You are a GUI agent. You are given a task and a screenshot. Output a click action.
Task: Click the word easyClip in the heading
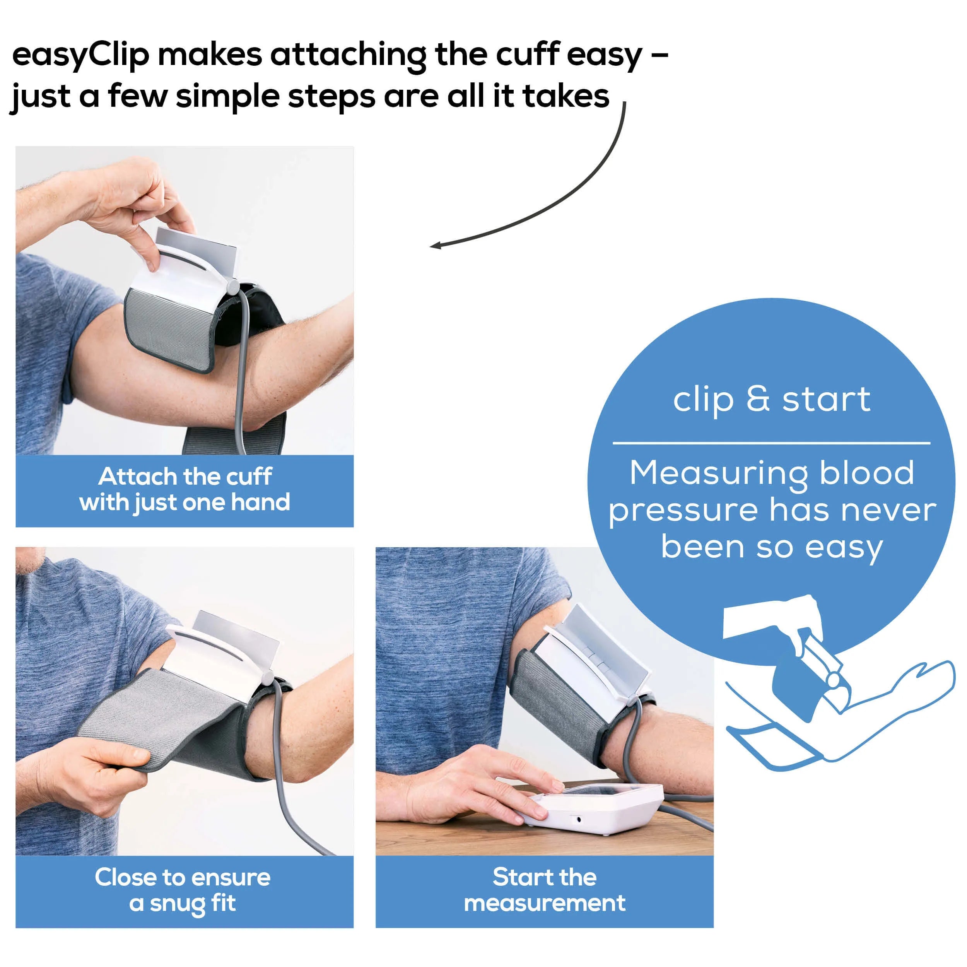tap(80, 55)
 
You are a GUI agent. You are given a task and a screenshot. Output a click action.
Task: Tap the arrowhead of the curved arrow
tap(436, 245)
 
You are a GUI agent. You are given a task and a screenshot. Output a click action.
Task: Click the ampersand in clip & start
tap(758, 400)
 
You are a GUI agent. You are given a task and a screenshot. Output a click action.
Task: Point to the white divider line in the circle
tap(771, 443)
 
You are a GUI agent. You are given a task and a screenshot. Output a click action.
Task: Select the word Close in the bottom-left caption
tap(125, 877)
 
